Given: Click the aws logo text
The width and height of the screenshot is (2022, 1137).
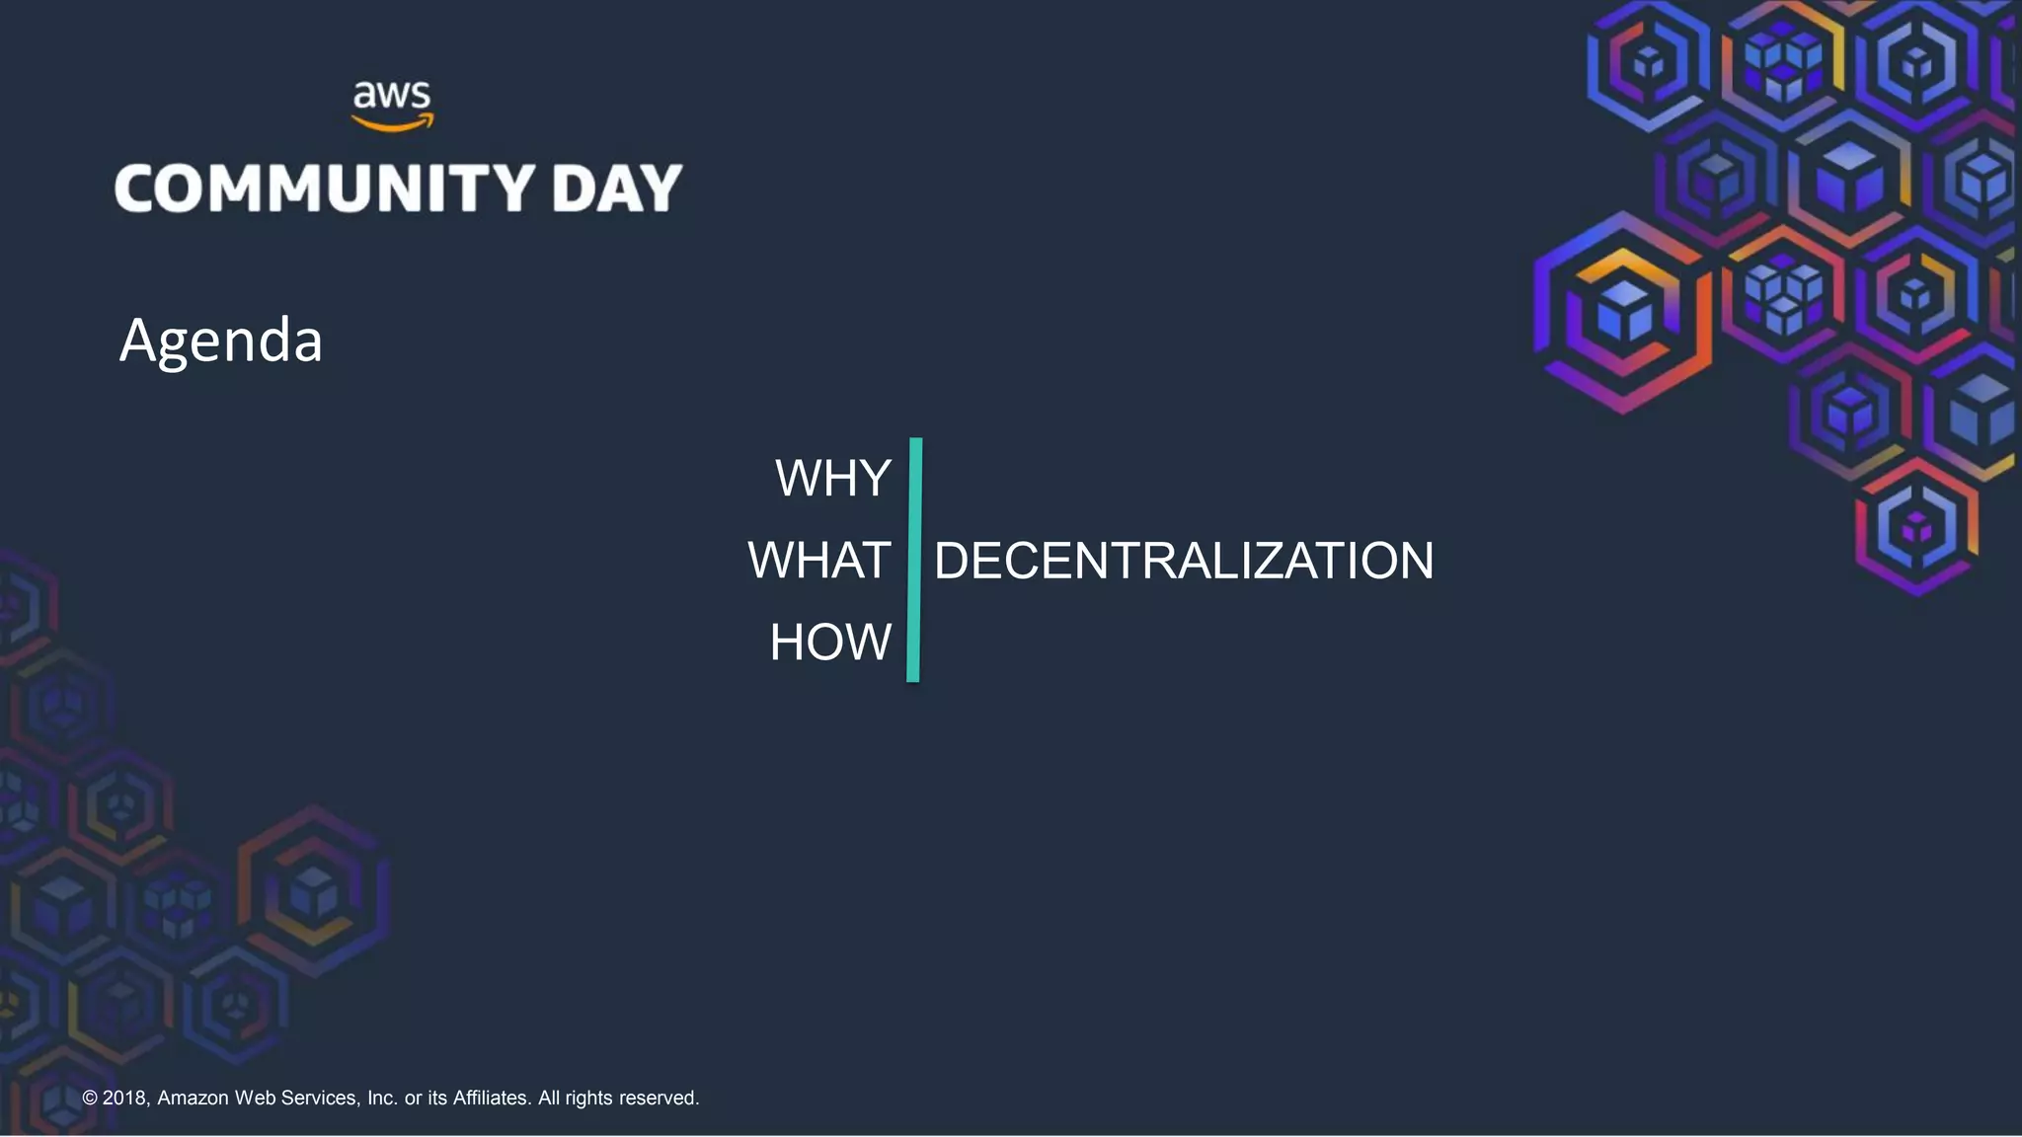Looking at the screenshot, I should [x=392, y=96].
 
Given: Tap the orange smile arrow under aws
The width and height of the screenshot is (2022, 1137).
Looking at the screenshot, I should [x=392, y=124].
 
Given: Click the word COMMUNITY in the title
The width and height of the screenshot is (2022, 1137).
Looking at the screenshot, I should [x=325, y=189].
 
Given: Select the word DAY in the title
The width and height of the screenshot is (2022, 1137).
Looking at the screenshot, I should [x=617, y=189].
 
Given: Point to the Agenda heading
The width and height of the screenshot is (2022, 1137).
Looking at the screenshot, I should [x=221, y=341].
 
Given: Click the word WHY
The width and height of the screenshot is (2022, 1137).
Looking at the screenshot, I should [x=833, y=479].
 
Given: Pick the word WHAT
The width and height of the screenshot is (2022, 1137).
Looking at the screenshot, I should [x=819, y=561].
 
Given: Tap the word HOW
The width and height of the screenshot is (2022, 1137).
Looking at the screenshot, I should [x=830, y=643].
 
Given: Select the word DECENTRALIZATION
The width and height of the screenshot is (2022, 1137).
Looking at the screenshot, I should [x=1184, y=561].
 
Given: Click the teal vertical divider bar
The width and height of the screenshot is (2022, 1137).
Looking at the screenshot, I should [x=914, y=560].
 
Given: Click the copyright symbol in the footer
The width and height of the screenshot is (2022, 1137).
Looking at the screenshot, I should [x=90, y=1099].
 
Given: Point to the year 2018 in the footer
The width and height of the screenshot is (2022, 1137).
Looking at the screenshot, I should [x=124, y=1099].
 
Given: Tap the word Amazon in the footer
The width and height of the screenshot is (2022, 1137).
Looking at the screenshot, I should [x=193, y=1099].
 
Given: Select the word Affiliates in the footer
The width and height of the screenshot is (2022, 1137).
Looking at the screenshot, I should [x=492, y=1099].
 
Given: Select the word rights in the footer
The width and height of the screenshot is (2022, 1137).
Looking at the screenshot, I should [x=588, y=1099].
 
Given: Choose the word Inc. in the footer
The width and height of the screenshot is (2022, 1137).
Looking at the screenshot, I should [x=382, y=1099].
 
